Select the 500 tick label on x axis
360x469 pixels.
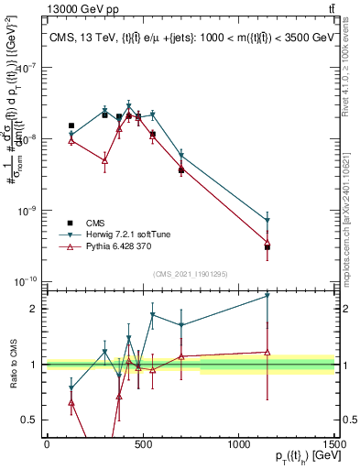142,442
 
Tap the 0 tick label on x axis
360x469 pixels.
47,442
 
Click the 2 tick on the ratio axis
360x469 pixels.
32,309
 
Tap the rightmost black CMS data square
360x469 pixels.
267,247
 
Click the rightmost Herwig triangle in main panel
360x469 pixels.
267,221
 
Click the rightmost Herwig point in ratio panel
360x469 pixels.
267,296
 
